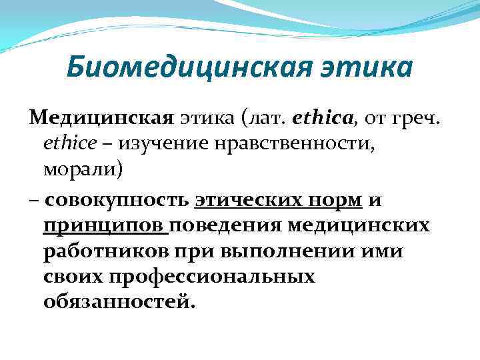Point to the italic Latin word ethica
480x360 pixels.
pyautogui.click(x=319, y=119)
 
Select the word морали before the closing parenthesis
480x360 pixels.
pyautogui.click(x=80, y=169)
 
